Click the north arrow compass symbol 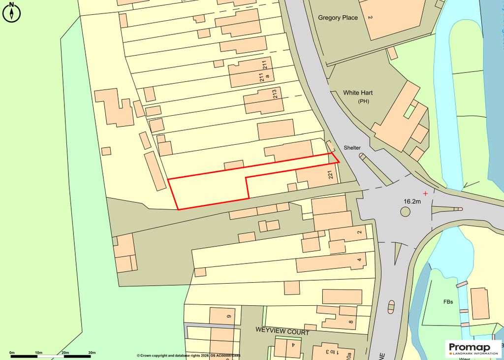pos(11,12)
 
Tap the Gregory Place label pos(338,18)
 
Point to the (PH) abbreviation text pos(363,101)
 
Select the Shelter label pos(352,148)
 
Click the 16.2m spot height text pos(412,201)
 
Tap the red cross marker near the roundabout pos(425,194)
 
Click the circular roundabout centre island pos(405,211)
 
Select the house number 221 pos(330,175)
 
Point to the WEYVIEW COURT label pos(282,332)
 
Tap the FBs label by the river pos(448,301)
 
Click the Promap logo pos(472,348)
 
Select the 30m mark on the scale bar pos(92,353)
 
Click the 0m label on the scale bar pos(12,353)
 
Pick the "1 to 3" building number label pos(327,352)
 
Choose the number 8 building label pos(350,323)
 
